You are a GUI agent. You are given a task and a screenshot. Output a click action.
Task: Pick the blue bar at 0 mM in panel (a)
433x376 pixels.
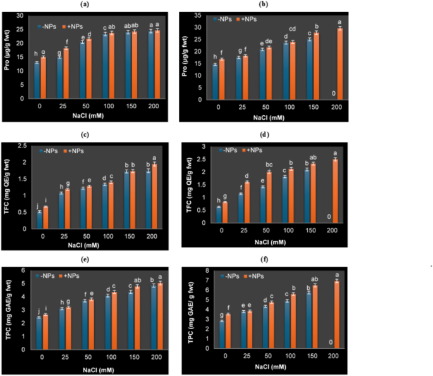tap(37, 80)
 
